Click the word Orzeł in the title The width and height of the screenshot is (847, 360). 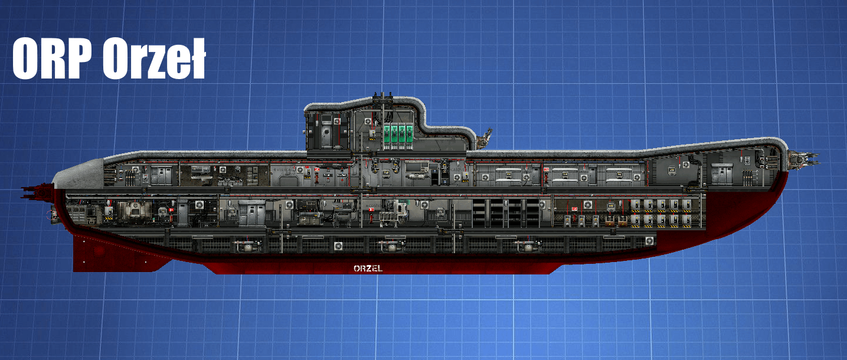coord(153,59)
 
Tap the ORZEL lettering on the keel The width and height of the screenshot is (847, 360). coord(368,269)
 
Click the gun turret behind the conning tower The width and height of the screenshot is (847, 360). coord(485,139)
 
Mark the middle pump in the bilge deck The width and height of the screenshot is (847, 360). coord(390,246)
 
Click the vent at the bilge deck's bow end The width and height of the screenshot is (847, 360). coord(650,241)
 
